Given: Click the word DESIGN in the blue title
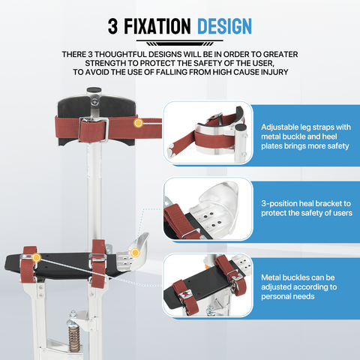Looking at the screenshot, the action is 224,26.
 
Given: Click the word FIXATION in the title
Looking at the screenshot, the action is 157,26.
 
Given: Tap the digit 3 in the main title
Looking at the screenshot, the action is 112,26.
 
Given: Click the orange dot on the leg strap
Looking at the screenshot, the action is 138,123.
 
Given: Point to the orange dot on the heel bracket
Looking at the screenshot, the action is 135,253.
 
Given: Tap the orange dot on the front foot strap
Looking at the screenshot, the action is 37,257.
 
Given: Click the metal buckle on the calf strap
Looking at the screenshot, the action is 94,130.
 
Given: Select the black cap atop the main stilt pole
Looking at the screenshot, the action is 94,90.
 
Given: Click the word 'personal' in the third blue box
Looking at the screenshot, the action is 276,297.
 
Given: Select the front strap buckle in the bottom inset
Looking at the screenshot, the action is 185,294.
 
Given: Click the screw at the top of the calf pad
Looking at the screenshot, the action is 94,102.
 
